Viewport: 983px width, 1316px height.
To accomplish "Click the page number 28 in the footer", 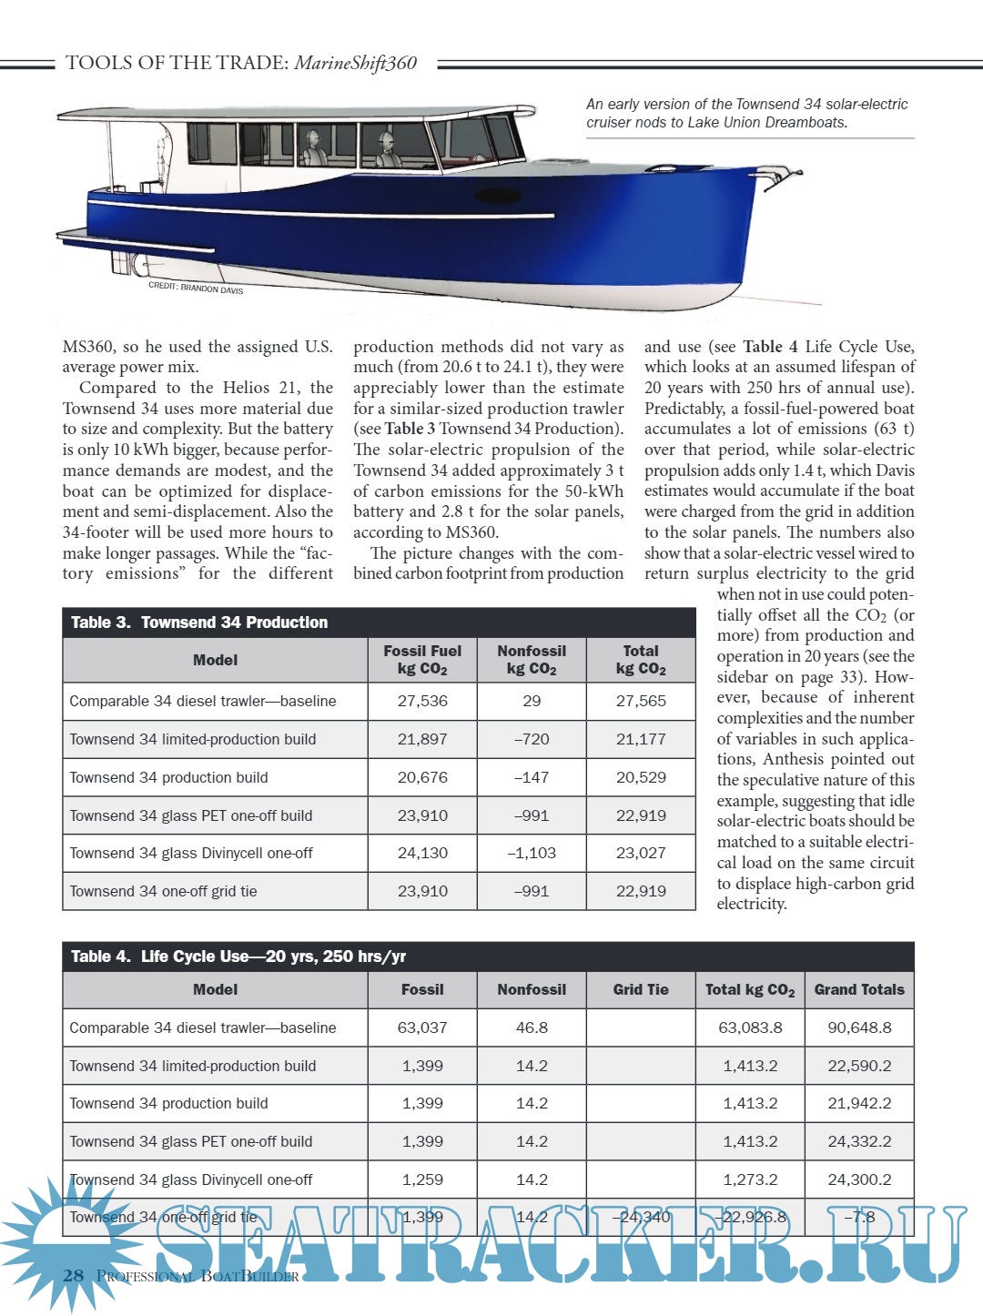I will point(74,1275).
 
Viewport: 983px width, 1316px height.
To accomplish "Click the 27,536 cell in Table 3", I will point(422,701).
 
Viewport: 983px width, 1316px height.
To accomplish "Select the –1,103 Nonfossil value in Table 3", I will point(532,853).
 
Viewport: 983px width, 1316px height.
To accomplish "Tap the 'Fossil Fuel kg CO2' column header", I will point(422,660).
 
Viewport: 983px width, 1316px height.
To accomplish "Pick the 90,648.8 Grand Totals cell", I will point(859,1027).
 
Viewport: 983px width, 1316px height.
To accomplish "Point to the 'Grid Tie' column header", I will point(641,989).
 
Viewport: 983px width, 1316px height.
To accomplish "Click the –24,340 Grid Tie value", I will point(641,1217).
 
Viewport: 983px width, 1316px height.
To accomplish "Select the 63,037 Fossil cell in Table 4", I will point(422,1027).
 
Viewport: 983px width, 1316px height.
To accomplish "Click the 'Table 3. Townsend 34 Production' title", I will point(199,623).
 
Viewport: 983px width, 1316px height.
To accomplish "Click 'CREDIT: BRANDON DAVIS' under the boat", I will point(196,288).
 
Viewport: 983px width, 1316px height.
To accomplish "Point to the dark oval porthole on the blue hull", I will point(499,196).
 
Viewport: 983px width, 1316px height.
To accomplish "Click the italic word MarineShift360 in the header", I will point(355,63).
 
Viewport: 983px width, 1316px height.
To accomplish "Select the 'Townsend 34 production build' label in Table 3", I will point(168,777).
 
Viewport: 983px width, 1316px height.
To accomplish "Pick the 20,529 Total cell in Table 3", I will point(641,777).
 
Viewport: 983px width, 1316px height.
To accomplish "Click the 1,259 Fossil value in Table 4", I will point(422,1179).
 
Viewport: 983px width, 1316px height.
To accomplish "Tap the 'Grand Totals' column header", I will point(859,989).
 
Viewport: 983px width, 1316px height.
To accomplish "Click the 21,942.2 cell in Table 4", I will point(859,1103).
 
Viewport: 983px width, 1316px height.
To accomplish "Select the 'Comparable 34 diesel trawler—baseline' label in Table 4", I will point(202,1027).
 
